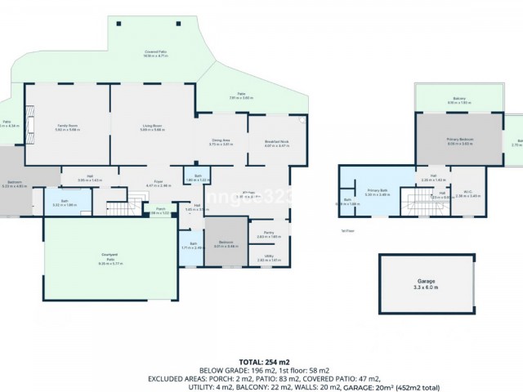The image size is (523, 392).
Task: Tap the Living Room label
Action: coord(152,127)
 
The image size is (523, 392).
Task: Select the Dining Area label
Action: coord(221,141)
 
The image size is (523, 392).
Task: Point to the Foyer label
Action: coord(159,184)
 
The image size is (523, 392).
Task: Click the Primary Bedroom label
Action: coord(460,140)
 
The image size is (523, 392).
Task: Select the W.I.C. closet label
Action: coord(463,194)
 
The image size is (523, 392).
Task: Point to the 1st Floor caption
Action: coord(348,231)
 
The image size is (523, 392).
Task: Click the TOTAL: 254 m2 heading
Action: coord(261,360)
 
